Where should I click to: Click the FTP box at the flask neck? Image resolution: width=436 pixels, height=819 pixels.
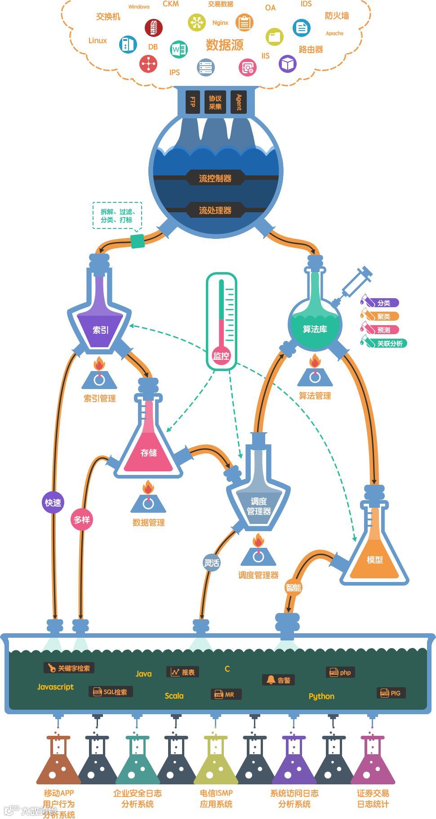(192, 102)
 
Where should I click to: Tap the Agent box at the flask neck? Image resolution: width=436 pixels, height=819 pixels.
(239, 102)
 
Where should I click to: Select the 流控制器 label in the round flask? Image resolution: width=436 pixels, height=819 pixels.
(215, 178)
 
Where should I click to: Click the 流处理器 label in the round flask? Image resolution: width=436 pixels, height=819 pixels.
(215, 210)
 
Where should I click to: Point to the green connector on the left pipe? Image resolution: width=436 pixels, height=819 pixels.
(137, 241)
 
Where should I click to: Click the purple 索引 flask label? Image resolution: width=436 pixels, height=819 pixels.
(100, 330)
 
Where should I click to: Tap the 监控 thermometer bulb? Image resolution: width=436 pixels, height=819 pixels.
(221, 356)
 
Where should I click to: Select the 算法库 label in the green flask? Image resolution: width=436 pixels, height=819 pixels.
(315, 329)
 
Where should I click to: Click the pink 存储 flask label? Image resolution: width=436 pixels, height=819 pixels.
(148, 452)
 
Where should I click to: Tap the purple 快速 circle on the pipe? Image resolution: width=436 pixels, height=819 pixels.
(53, 502)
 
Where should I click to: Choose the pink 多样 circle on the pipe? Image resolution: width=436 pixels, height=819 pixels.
(82, 519)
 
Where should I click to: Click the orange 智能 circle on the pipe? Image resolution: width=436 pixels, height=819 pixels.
(294, 587)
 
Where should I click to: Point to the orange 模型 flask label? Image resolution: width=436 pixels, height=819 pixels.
(374, 559)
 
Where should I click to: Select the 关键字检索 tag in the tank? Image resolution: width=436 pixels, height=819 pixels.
(69, 668)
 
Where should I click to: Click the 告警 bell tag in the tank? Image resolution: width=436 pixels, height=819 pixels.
(279, 680)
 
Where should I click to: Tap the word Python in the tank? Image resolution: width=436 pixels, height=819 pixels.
(321, 696)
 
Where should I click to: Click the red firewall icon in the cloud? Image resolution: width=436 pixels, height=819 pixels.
(153, 27)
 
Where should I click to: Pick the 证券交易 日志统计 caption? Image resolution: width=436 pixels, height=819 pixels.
(373, 798)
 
